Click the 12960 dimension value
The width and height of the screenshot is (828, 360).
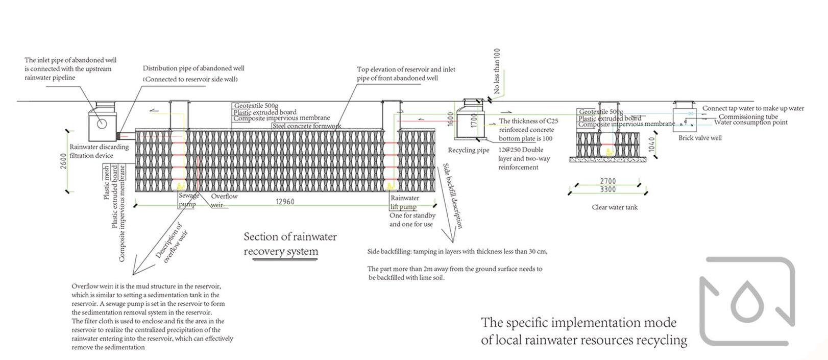(285, 202)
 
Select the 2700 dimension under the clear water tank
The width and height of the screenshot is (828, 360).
(607, 181)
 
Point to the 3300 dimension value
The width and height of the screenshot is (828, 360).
(607, 189)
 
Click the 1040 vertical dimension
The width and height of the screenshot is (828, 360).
(651, 145)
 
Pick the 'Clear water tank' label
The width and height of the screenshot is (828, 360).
(615, 207)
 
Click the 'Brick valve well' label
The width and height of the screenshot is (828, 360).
(700, 138)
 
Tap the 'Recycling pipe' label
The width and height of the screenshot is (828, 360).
(468, 150)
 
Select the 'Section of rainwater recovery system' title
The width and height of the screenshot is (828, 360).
(290, 244)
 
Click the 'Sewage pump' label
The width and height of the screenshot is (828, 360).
(188, 200)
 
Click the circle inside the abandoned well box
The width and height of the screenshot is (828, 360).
(102, 123)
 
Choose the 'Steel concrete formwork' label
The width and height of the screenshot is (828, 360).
(306, 126)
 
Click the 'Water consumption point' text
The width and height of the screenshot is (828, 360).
(750, 123)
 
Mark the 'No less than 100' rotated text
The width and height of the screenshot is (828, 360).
(497, 71)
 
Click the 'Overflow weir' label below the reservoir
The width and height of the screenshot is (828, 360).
(224, 200)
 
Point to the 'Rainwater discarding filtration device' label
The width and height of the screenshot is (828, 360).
(99, 151)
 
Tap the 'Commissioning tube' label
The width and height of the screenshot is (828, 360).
(748, 116)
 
